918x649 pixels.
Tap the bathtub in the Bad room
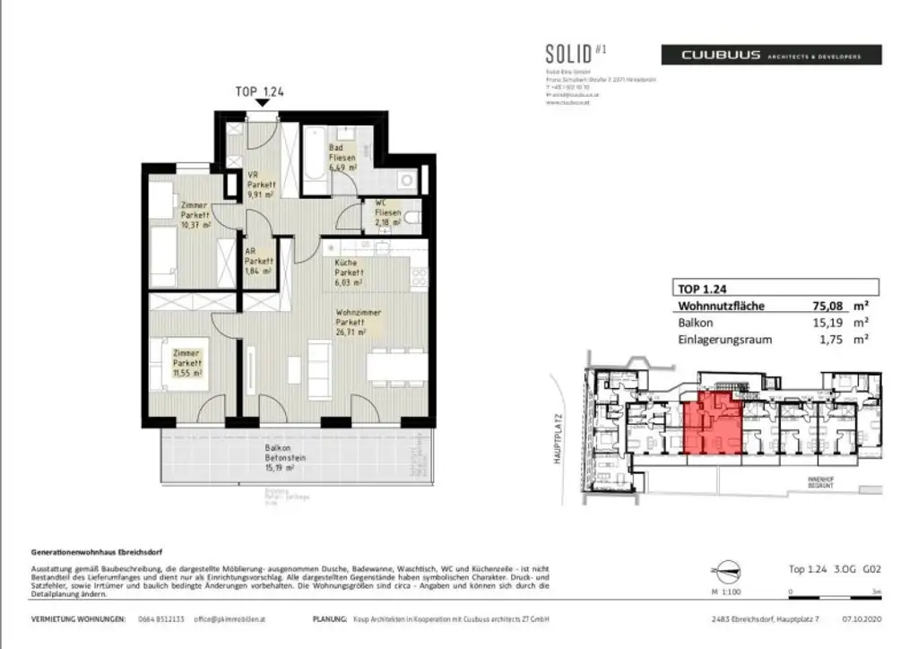tap(315, 161)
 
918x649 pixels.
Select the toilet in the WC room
tap(411, 217)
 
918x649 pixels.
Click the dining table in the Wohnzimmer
tap(395, 365)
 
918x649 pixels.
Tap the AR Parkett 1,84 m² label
tap(259, 261)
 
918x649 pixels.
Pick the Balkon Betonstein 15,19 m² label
tap(286, 458)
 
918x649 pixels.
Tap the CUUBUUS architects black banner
tap(771, 55)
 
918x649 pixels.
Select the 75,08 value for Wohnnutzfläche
tap(815, 305)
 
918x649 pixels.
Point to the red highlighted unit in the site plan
tap(712, 421)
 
